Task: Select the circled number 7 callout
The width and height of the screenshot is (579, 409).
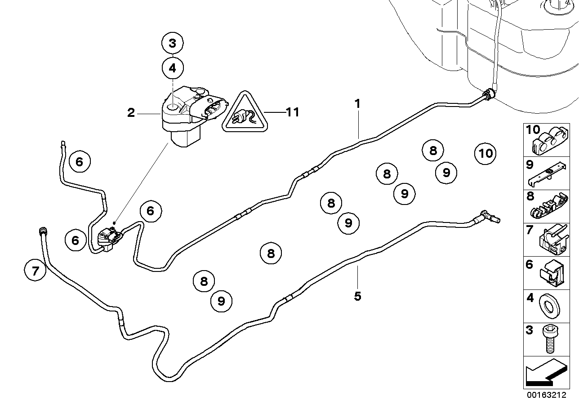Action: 36,271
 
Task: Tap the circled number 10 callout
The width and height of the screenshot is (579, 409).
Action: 486,154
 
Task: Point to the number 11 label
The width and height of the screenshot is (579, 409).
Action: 292,112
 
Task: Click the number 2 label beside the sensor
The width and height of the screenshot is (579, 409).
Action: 131,113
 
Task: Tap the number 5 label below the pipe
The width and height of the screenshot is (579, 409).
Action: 357,297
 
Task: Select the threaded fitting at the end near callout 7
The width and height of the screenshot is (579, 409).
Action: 43,232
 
